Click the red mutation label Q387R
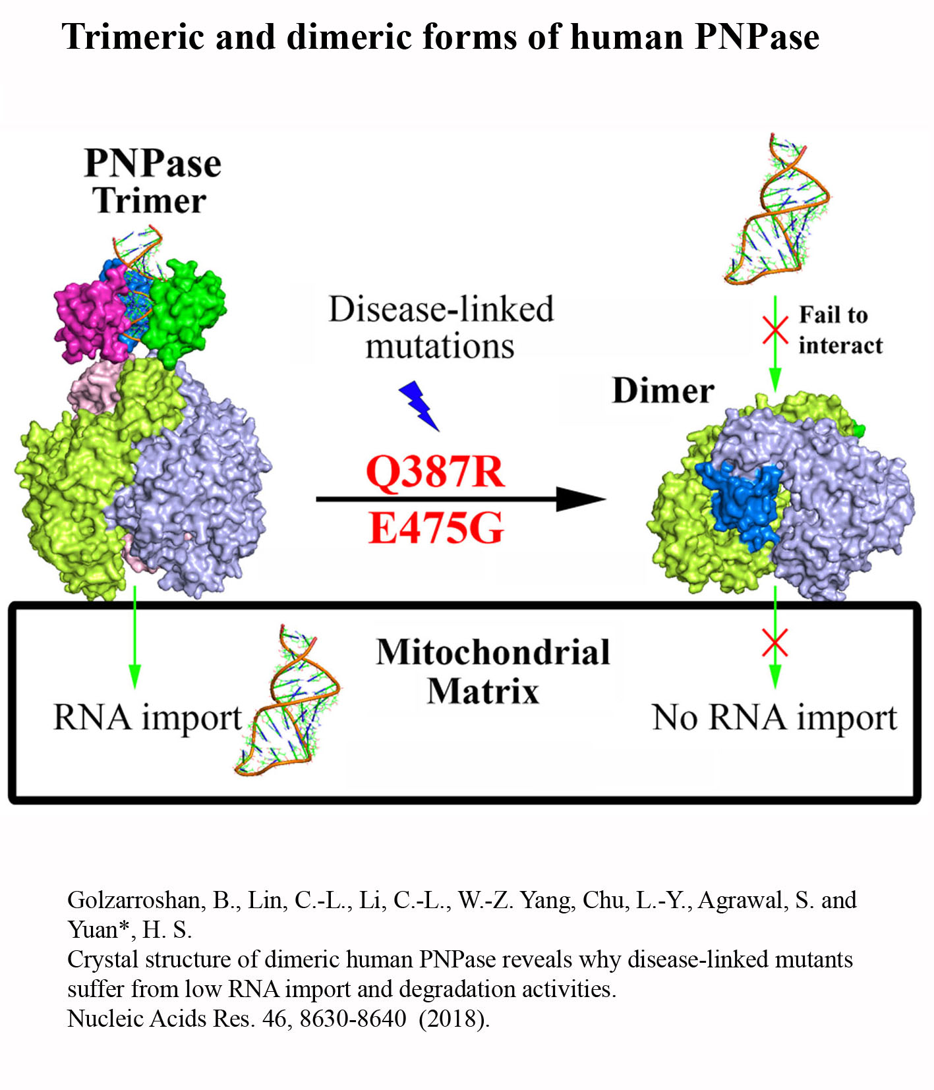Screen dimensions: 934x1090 coord(435,471)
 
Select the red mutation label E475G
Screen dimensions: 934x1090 coord(436,528)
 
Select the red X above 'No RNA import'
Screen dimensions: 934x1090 coord(775,643)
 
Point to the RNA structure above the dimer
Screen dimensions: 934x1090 coord(778,210)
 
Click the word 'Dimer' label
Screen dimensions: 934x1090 coord(663,391)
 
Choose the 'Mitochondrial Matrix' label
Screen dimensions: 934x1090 coord(492,672)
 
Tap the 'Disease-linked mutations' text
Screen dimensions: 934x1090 coord(441,328)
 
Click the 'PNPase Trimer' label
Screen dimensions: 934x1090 coord(152,181)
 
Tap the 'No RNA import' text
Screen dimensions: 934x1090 coord(774,717)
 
